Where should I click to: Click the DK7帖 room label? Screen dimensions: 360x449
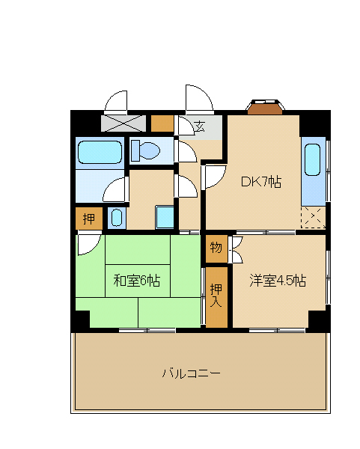(x=261, y=182)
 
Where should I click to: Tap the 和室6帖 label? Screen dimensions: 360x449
(x=137, y=281)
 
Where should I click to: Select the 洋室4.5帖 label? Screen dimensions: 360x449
(x=278, y=281)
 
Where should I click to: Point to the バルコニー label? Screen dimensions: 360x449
(x=192, y=373)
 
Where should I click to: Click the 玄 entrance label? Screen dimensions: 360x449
(x=200, y=126)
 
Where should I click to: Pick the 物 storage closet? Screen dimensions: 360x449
(x=216, y=248)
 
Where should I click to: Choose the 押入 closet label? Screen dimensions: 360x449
(x=216, y=295)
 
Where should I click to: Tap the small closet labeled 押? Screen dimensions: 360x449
(x=89, y=219)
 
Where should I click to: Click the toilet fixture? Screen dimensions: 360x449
(x=145, y=150)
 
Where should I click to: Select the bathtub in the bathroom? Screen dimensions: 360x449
(x=100, y=153)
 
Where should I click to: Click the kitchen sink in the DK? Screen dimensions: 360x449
(x=312, y=159)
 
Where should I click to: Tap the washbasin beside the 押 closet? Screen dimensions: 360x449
(x=117, y=218)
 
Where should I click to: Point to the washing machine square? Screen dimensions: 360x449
(x=165, y=217)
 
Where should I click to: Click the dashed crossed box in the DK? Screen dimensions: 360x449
(x=314, y=217)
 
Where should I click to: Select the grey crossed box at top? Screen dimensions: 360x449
(x=123, y=123)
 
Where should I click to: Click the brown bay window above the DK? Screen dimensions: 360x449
(x=265, y=107)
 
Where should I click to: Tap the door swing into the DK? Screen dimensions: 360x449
(x=216, y=177)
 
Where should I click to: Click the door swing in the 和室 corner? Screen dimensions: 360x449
(x=89, y=244)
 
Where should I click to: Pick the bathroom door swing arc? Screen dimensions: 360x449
(x=114, y=189)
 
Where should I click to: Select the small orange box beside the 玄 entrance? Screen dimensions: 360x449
(x=162, y=123)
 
